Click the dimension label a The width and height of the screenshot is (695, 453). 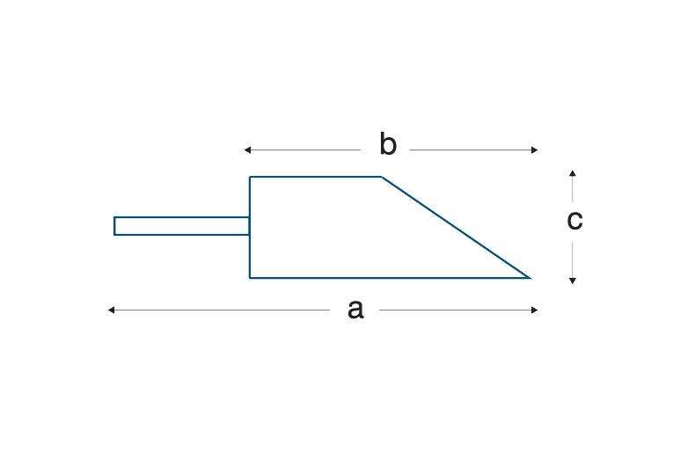355,309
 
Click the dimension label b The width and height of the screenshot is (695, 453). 388,144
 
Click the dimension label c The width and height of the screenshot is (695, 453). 574,219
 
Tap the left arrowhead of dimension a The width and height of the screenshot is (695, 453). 111,310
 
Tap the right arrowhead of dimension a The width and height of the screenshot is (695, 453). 534,310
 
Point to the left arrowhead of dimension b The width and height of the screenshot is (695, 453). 248,150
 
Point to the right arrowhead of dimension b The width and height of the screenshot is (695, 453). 534,150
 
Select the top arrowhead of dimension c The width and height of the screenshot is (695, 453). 572,173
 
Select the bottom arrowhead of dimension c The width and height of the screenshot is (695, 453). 572,281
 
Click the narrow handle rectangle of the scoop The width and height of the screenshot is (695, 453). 181,226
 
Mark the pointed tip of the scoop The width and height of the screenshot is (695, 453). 530,277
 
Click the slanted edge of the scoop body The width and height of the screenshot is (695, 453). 456,227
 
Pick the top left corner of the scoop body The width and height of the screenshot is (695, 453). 250,178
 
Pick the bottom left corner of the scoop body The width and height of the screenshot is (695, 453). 250,278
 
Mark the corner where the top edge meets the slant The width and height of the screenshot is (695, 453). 382,178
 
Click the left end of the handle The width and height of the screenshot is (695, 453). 114,226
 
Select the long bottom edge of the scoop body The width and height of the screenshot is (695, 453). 387,278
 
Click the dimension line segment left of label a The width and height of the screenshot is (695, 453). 220,310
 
